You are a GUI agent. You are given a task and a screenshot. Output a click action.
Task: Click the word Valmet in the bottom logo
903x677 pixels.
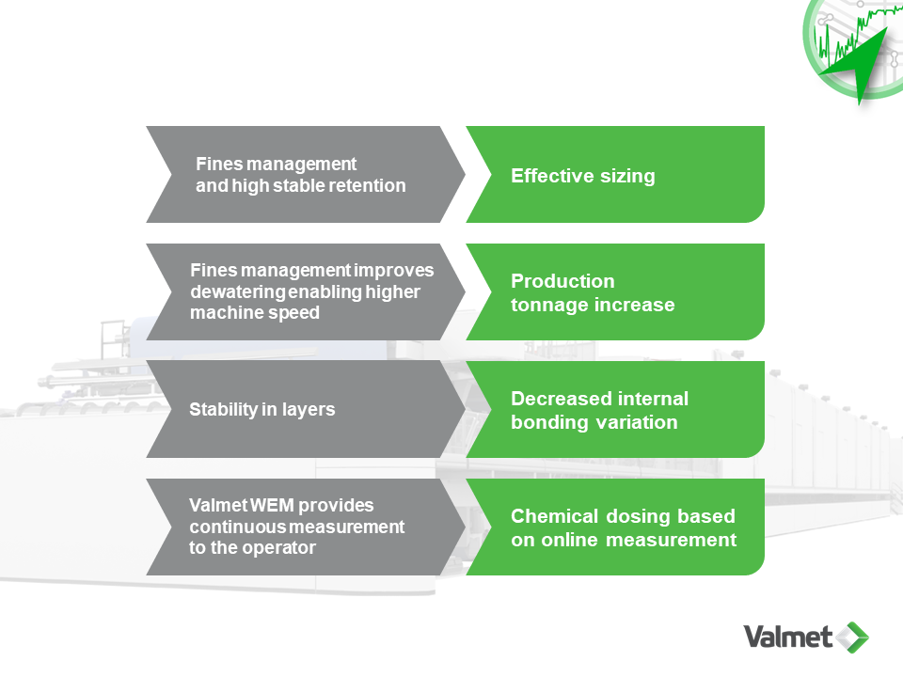[x=787, y=637]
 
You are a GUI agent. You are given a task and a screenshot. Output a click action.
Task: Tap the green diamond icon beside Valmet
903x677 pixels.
[x=853, y=637]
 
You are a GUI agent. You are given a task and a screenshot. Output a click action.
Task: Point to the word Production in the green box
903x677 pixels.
[x=562, y=281]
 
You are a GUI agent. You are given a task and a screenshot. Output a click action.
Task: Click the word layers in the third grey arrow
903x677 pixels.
[x=309, y=410]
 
